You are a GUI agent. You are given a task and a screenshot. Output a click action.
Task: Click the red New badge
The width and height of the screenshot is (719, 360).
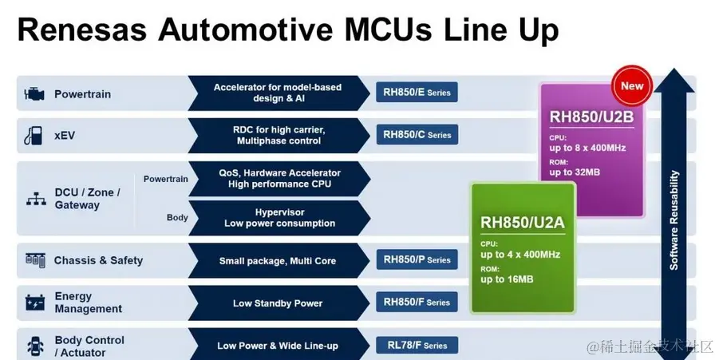tap(632, 85)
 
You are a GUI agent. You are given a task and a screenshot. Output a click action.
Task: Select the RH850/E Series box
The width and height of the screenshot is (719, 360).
tap(417, 93)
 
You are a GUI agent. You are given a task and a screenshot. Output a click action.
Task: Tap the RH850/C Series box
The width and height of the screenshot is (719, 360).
tap(417, 135)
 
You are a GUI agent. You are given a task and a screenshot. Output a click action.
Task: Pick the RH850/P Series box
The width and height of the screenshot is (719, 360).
tap(417, 260)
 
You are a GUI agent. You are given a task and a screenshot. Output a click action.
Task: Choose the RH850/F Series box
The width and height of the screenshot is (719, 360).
tap(417, 303)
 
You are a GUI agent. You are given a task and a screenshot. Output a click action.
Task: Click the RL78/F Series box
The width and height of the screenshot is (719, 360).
tap(417, 346)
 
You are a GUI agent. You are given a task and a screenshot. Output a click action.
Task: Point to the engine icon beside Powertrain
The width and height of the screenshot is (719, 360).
tap(34, 93)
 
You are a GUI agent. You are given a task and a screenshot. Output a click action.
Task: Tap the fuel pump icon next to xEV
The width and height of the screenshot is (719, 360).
tap(34, 135)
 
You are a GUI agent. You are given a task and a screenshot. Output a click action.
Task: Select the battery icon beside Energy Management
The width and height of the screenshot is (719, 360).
tap(35, 303)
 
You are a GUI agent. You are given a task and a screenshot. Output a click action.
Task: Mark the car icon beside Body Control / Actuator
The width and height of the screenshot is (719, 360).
tap(35, 346)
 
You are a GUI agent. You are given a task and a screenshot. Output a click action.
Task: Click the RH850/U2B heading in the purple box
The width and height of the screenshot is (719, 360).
tap(591, 117)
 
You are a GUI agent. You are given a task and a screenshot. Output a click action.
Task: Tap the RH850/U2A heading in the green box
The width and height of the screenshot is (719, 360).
tap(522, 222)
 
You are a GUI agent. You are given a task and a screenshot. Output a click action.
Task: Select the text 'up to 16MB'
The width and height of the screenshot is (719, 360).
tap(507, 279)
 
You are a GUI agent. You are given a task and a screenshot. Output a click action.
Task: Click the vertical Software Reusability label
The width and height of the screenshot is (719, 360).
tap(675, 220)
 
